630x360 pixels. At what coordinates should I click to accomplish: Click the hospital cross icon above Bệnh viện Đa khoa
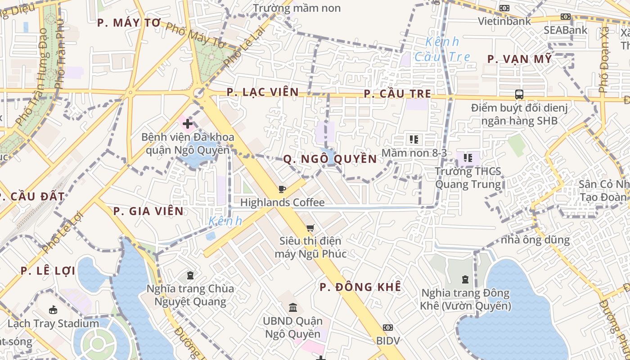coord(188,123)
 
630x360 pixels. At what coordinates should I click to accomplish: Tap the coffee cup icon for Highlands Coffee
coord(282,189)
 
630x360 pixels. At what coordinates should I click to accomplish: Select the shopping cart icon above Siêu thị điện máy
coord(310,228)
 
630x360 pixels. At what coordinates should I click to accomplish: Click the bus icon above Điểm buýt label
coord(519,94)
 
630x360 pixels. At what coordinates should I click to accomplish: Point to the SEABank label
coord(565,30)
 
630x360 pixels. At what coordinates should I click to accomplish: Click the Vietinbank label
coord(504,21)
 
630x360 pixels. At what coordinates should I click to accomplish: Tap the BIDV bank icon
coord(387,327)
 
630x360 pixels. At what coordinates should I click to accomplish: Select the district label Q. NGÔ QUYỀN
coord(330,159)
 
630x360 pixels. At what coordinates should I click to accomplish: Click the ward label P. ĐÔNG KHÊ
coord(360,287)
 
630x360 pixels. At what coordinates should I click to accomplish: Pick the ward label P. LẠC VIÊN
coord(262,92)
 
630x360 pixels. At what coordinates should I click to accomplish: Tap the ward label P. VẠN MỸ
coord(519,59)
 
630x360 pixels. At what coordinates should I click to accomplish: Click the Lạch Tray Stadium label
coord(53,324)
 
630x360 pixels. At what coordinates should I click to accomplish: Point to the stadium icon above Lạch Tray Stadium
coord(53,310)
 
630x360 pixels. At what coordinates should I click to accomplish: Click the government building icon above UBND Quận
coord(293,307)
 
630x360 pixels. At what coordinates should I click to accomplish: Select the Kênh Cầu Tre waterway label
coord(442,49)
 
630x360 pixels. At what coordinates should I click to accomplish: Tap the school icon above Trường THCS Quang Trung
coord(468,158)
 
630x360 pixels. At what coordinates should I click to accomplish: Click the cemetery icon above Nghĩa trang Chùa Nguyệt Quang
coord(190,275)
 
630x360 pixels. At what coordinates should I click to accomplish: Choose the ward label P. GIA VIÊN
coord(148,211)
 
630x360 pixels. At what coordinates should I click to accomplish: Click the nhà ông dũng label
coord(535,240)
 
